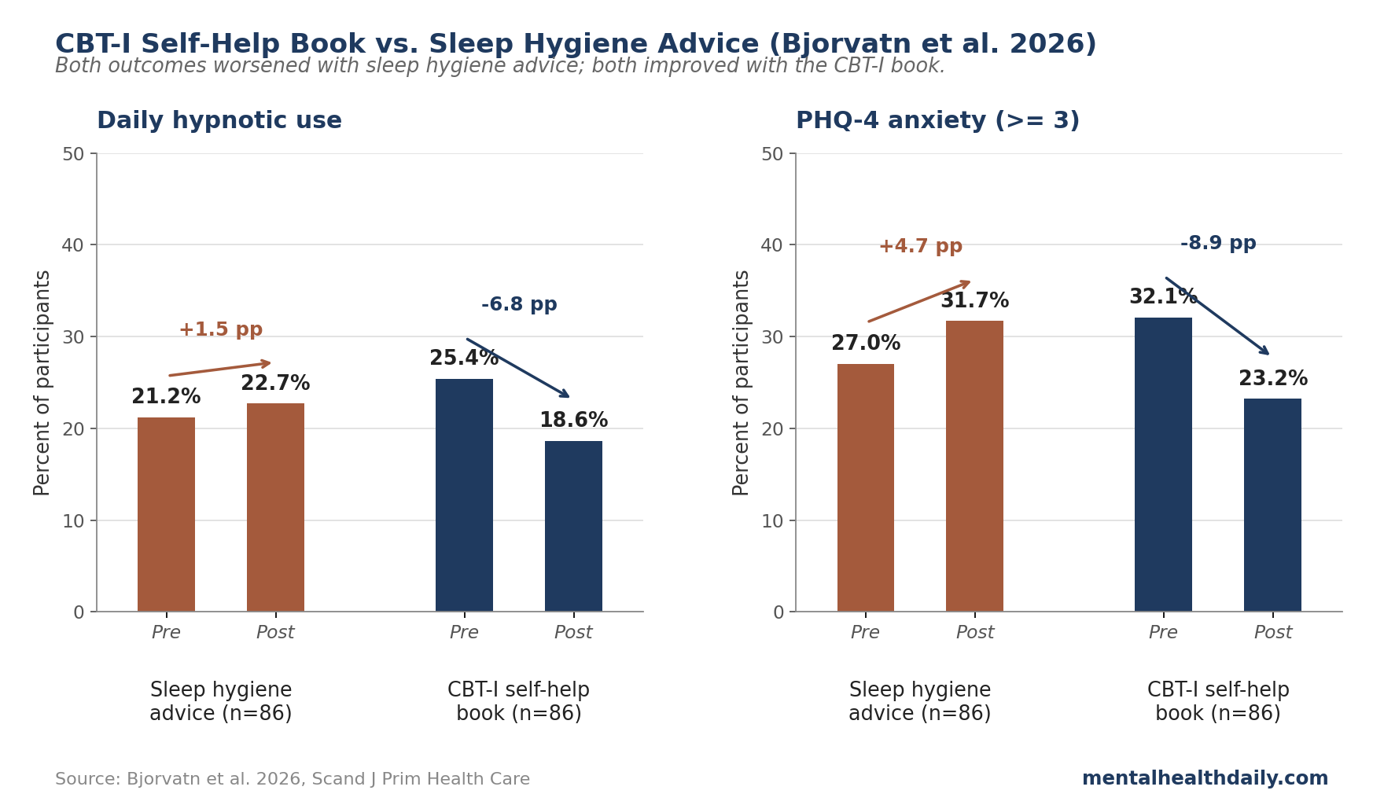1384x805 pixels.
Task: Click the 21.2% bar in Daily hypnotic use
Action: pos(166,515)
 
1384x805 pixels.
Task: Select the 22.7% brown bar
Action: pos(275,508)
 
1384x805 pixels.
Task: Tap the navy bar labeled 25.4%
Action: pos(464,495)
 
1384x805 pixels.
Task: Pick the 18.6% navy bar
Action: pos(573,527)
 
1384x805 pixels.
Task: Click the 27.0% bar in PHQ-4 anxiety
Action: pos(865,487)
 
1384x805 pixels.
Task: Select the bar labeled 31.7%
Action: pos(974,466)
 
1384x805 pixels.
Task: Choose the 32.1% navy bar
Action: pos(1163,465)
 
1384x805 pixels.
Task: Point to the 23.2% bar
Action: pos(1272,505)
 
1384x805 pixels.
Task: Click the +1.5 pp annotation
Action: pos(220,330)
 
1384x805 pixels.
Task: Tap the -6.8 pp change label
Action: pos(519,305)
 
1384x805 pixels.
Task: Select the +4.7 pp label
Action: pos(920,247)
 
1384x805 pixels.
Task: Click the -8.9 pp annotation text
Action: pos(1218,244)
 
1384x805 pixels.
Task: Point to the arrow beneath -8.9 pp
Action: pos(1217,315)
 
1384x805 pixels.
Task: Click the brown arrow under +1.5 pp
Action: pos(220,369)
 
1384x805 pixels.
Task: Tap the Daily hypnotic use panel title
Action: pos(219,121)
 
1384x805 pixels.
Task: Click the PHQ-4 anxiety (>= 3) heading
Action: pos(937,121)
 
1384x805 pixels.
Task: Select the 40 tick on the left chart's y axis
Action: pos(72,245)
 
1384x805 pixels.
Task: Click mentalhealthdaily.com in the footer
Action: pos(1205,779)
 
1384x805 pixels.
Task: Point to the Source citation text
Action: pos(293,780)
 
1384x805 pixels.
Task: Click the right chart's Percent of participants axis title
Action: pos(742,383)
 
